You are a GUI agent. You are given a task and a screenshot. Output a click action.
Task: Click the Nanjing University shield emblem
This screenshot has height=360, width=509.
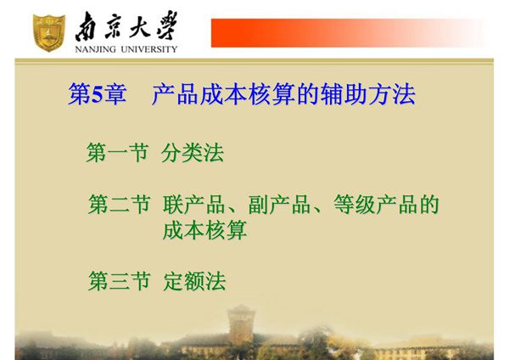point(48,30)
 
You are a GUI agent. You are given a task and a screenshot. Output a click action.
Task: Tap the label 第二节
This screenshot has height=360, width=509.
point(119,205)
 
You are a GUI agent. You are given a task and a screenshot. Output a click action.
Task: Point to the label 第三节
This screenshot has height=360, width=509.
point(119,281)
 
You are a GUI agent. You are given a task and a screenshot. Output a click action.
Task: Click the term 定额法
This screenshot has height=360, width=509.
point(194,281)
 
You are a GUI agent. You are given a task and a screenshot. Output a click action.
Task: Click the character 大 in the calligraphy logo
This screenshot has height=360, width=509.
point(139,25)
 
